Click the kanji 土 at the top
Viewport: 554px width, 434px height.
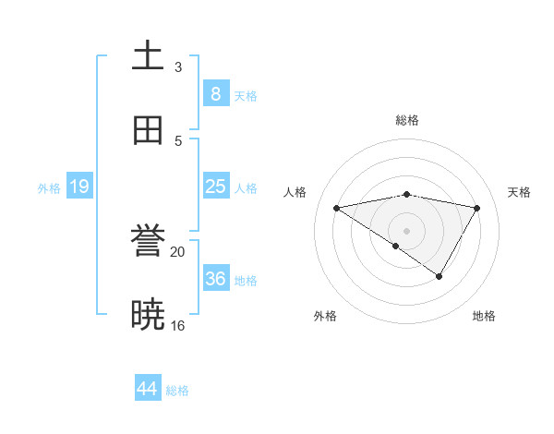pyautogui.click(x=148, y=56)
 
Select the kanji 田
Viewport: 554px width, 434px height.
pyautogui.click(x=148, y=130)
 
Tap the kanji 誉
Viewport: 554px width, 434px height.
pyautogui.click(x=148, y=242)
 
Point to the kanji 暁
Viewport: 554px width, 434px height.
pyautogui.click(x=148, y=315)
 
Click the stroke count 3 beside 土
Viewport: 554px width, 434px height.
pyautogui.click(x=178, y=66)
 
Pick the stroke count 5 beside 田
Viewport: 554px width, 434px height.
pyautogui.click(x=178, y=140)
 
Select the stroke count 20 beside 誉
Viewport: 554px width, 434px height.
pyautogui.click(x=178, y=251)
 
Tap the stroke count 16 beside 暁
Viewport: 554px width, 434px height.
pyautogui.click(x=178, y=325)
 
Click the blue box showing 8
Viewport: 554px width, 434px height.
pyautogui.click(x=215, y=93)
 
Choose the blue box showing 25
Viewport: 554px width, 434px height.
pyautogui.click(x=215, y=187)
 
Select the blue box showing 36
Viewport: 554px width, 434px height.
pyautogui.click(x=215, y=279)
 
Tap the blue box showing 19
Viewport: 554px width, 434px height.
pyautogui.click(x=78, y=187)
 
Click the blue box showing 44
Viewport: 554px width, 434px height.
pyautogui.click(x=148, y=389)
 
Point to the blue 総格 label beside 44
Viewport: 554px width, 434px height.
pyautogui.click(x=177, y=391)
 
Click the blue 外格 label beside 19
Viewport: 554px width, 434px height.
pyautogui.click(x=49, y=188)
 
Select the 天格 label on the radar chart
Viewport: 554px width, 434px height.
pyautogui.click(x=520, y=192)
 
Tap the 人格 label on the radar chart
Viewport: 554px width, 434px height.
pyautogui.click(x=295, y=192)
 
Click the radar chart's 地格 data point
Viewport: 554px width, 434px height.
pyautogui.click(x=440, y=276)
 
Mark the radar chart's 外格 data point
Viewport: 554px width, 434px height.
pyautogui.click(x=396, y=246)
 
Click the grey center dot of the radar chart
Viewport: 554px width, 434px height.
pyautogui.click(x=407, y=231)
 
